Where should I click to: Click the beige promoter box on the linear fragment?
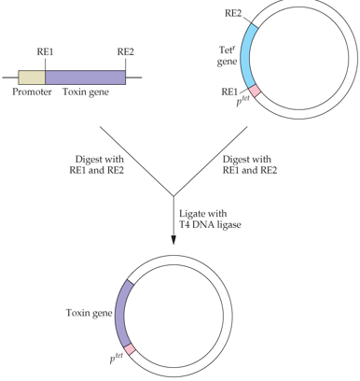coord(32,78)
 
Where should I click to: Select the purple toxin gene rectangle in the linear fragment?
coord(86,78)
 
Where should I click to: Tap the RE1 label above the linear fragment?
coord(45,51)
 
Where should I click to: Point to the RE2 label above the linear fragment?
coord(126,51)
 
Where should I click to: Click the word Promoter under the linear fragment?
coord(32,92)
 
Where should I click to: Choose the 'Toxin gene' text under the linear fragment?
coord(86,92)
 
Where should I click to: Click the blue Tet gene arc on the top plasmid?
coord(248,56)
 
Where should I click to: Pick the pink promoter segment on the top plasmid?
coord(255,91)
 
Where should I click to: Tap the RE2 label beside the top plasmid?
coord(233,13)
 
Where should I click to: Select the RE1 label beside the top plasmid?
coord(229,92)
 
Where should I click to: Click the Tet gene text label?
coord(227,56)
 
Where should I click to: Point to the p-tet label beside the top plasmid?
coord(242,101)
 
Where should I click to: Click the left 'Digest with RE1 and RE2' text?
coord(97,164)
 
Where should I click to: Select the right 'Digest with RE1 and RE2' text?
coord(250,164)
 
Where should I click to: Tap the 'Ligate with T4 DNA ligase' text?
coord(210,219)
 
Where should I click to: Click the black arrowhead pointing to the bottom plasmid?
coord(173,240)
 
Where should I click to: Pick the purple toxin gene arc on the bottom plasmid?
coord(122,314)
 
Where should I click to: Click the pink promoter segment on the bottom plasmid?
coord(130,349)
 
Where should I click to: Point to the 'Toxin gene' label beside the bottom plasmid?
coord(89,313)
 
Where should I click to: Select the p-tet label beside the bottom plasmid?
coord(117,359)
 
